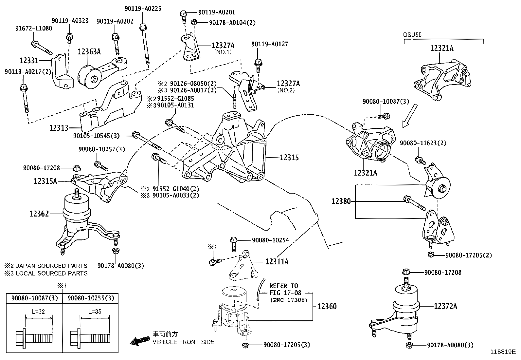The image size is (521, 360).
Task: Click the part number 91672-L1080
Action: [34, 28]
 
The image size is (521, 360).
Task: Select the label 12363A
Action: [89, 51]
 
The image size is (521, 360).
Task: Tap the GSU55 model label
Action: [412, 35]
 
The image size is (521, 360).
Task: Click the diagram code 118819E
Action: [503, 351]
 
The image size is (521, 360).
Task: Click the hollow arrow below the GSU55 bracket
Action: [410, 116]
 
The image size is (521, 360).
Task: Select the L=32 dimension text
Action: [38, 311]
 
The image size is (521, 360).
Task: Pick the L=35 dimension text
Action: [95, 311]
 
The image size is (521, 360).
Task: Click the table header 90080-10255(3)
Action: [91, 298]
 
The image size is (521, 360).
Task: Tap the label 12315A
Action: [45, 181]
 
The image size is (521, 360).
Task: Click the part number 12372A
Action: [445, 306]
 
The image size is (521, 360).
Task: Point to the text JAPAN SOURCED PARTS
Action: [51, 266]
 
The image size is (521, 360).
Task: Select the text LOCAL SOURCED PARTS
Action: [51, 273]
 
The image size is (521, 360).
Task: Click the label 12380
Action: [341, 201]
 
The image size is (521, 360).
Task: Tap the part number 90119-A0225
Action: [143, 9]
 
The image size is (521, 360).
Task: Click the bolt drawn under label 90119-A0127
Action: [258, 66]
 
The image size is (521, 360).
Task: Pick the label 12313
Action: [59, 128]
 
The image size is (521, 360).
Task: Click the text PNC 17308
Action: [289, 300]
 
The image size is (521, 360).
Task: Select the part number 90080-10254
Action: [271, 240]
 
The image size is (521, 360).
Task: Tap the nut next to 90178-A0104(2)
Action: [194, 22]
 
